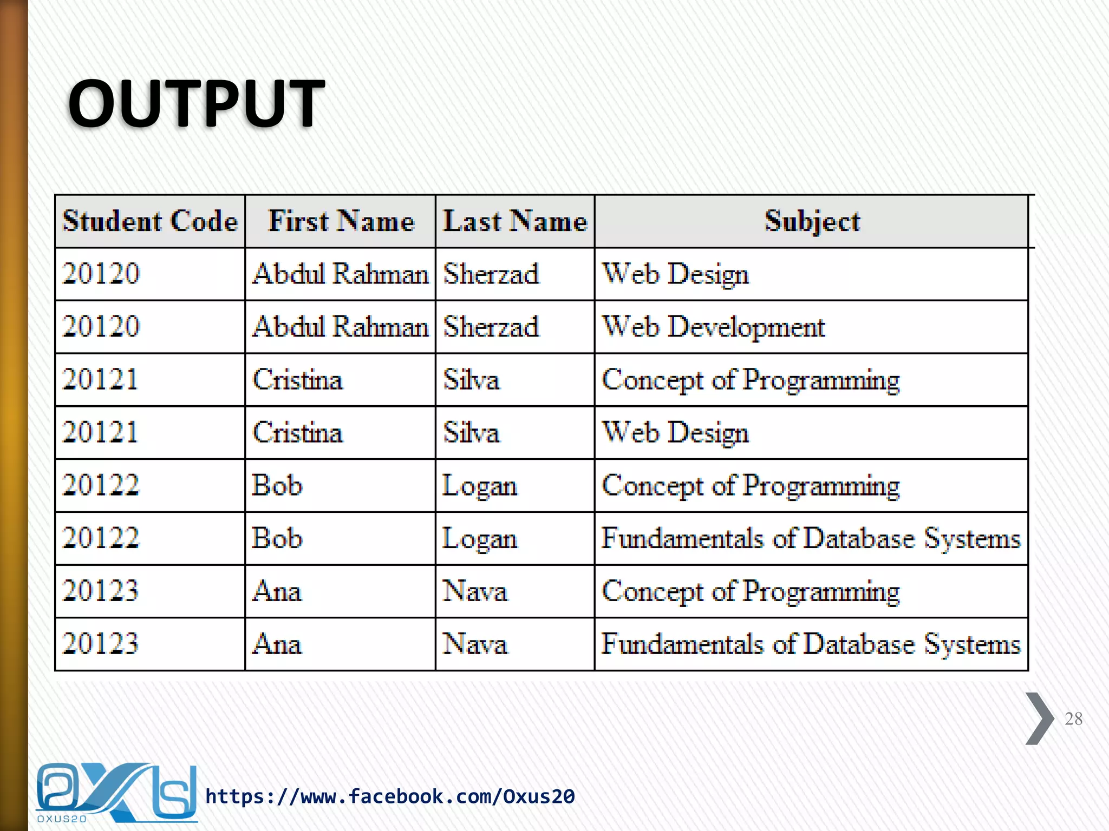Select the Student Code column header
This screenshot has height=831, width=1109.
point(150,221)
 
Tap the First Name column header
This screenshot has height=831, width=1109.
point(341,221)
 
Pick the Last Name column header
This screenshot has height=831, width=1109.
point(515,221)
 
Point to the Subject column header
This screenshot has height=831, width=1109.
point(812,221)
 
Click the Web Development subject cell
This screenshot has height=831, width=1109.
point(714,327)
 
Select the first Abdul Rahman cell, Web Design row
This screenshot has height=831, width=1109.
point(340,274)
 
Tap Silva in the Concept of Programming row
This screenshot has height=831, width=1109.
point(471,380)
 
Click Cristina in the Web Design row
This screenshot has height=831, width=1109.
point(298,433)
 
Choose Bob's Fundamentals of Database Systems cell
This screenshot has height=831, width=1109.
point(811,539)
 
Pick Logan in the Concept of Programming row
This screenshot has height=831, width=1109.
point(480,486)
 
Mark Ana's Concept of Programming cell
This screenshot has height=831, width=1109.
point(751,591)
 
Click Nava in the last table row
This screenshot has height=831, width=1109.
point(475,644)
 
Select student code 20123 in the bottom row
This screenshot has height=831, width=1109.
point(101,644)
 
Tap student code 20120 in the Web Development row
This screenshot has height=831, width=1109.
point(101,327)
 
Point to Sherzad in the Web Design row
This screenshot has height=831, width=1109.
point(491,274)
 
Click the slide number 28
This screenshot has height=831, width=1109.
point(1073,719)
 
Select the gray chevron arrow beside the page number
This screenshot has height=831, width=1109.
point(1039,718)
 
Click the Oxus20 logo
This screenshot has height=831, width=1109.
point(116,793)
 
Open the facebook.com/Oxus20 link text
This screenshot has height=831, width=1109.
point(390,796)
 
